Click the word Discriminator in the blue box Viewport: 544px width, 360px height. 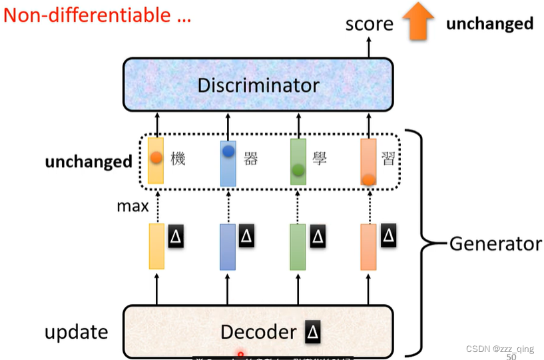[x=258, y=85]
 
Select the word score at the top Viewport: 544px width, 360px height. [x=369, y=25]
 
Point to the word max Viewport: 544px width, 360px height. [x=133, y=206]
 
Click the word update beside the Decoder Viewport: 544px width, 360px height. [x=76, y=331]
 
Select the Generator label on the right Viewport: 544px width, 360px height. [x=495, y=244]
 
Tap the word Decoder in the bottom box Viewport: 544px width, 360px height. [x=258, y=332]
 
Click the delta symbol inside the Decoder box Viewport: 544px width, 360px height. [x=312, y=331]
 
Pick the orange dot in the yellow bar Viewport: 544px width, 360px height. [x=156, y=158]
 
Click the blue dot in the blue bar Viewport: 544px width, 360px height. [x=228, y=151]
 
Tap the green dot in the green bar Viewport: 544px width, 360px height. [x=298, y=170]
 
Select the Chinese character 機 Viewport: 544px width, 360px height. [x=178, y=160]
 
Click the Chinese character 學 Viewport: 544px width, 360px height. [x=320, y=160]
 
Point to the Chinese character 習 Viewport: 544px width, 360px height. [x=391, y=160]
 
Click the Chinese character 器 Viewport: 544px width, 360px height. [x=250, y=160]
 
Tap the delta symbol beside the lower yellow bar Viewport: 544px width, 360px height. [x=175, y=236]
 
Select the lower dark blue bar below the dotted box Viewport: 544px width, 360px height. [x=228, y=247]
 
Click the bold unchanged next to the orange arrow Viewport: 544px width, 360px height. [x=489, y=24]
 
